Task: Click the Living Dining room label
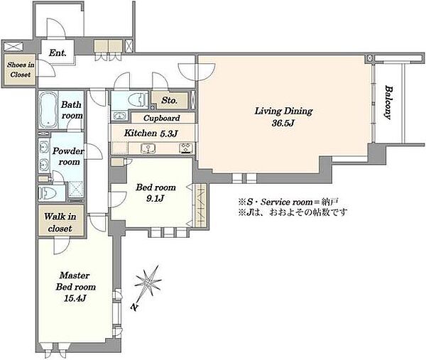[x=283, y=111]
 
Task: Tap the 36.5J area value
[x=283, y=124]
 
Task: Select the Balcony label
[x=388, y=102]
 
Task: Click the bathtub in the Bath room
[x=48, y=109]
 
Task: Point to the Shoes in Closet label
[x=21, y=70]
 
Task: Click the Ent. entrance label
[x=58, y=53]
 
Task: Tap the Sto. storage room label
[x=169, y=100]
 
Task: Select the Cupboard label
[x=162, y=118]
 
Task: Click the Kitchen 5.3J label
[x=151, y=133]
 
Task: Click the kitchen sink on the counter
[x=148, y=148]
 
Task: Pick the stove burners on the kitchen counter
[x=186, y=148]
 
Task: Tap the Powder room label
[x=68, y=156]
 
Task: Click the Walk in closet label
[x=60, y=222]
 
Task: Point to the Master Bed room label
[x=75, y=281]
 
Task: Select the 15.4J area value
[x=75, y=298]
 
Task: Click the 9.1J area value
[x=155, y=199]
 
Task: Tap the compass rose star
[x=148, y=282]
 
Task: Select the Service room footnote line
[x=288, y=202]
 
